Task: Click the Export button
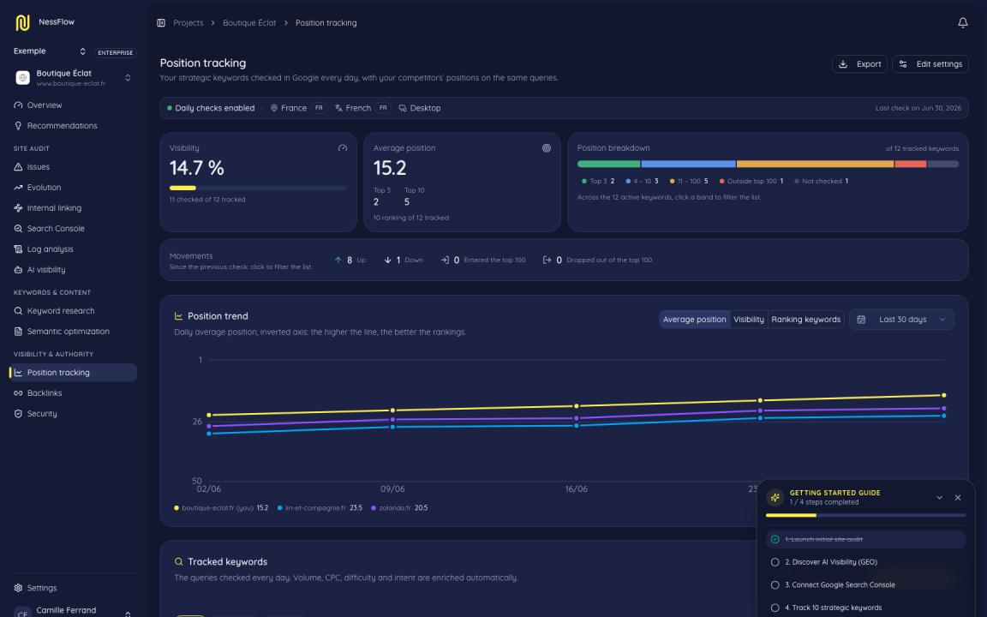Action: (859, 64)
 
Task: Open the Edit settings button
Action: (930, 64)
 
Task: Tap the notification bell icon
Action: (962, 22)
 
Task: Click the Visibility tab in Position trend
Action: (749, 319)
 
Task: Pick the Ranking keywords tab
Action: (805, 319)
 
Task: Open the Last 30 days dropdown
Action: (901, 319)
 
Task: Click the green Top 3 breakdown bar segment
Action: (608, 164)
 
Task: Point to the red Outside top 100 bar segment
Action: (910, 164)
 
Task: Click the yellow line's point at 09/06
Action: (392, 410)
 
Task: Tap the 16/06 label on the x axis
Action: (576, 489)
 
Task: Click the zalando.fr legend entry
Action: (400, 508)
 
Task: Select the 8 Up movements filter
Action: (350, 260)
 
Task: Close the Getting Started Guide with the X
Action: (957, 497)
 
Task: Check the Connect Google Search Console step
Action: (775, 585)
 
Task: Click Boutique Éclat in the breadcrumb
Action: (249, 22)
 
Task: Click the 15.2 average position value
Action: (390, 168)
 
